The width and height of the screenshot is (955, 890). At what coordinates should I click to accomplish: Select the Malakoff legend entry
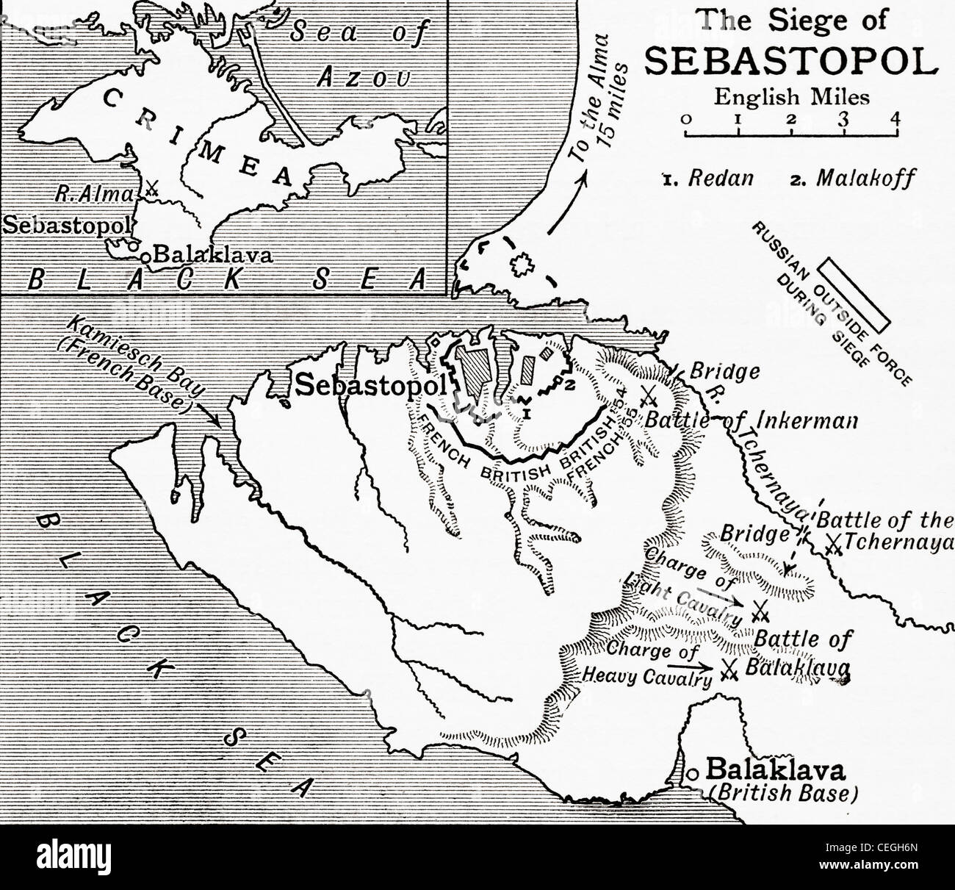[x=854, y=179]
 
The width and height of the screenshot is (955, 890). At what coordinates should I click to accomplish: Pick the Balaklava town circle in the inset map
[x=146, y=257]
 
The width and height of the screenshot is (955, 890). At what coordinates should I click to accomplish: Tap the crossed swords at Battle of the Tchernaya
[x=832, y=545]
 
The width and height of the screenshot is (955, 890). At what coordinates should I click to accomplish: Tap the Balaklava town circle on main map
[x=692, y=773]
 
